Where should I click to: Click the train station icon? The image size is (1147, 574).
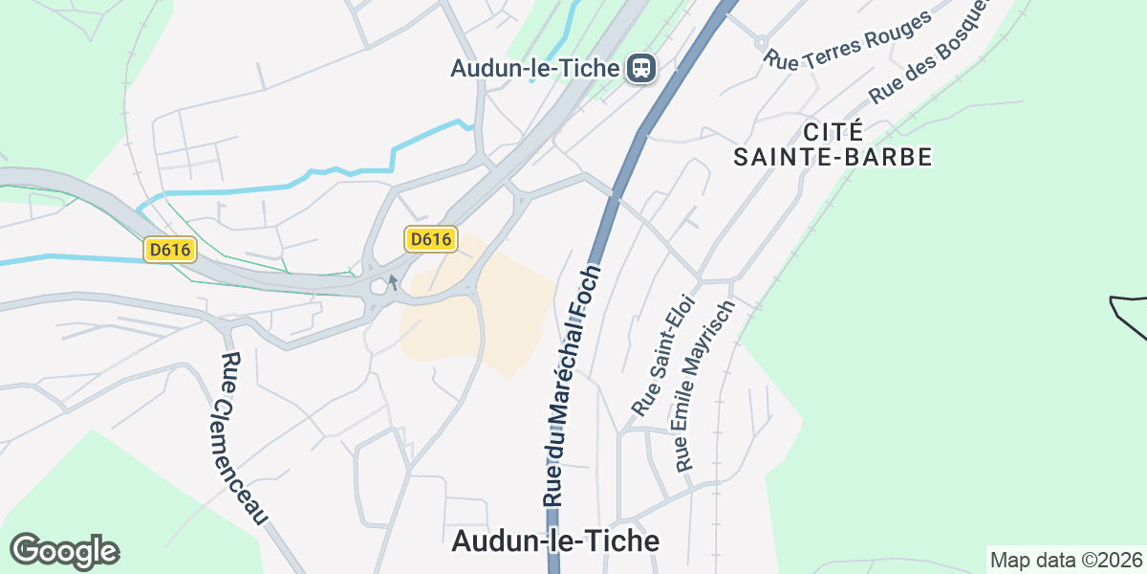(640, 68)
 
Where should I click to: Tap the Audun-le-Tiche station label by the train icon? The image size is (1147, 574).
(537, 68)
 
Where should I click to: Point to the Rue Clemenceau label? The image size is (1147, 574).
(243, 438)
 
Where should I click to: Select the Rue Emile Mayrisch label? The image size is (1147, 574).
(703, 386)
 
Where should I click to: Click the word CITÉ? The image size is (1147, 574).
(833, 131)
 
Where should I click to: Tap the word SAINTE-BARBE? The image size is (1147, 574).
(833, 157)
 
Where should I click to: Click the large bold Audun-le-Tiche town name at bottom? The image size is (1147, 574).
(554, 541)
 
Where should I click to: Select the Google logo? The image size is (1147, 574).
(64, 551)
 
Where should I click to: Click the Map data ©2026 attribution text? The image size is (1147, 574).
(1066, 560)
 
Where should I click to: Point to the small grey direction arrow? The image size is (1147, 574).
(392, 282)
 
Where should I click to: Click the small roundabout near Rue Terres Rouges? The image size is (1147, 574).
(761, 41)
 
